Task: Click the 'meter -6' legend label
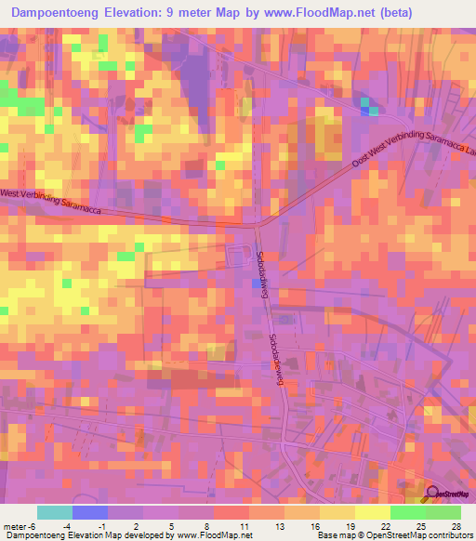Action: (19, 527)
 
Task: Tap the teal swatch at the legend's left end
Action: (55, 512)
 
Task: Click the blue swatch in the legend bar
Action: (90, 512)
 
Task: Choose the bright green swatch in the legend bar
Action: (407, 512)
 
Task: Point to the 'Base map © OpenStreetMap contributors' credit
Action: (393, 536)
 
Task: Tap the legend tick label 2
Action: (137, 527)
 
